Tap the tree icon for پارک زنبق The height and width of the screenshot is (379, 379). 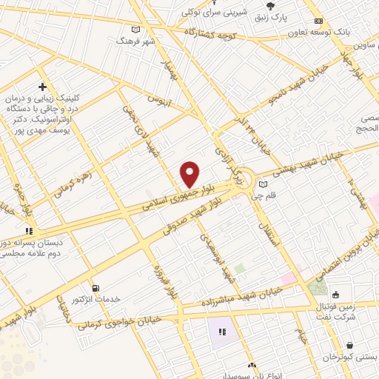(259, 4)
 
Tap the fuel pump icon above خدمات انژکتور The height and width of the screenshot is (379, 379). (95, 288)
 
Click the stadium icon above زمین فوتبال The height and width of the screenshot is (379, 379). (336, 295)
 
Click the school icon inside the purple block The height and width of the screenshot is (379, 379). (221, 330)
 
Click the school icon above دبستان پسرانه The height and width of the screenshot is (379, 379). (29, 231)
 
